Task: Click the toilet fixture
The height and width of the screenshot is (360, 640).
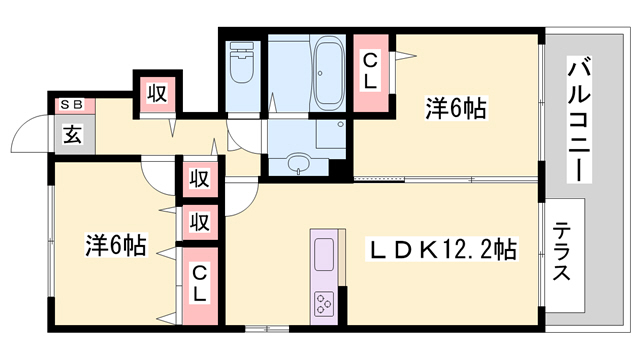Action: [242, 62]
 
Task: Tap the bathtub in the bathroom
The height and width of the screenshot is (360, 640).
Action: [328, 71]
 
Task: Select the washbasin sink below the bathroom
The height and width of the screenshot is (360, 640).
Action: [299, 163]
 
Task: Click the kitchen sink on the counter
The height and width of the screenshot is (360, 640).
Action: [324, 254]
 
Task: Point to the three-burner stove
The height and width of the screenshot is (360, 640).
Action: [324, 304]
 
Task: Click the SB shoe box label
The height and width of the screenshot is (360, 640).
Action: [72, 105]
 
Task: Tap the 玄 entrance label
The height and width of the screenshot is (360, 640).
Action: [72, 134]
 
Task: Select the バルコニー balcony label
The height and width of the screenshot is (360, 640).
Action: [579, 119]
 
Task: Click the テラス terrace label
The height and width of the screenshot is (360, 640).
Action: [561, 251]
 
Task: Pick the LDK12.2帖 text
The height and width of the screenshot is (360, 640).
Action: [442, 250]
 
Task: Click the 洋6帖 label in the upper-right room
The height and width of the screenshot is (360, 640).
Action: [456, 108]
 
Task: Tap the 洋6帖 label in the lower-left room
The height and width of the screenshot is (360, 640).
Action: [116, 244]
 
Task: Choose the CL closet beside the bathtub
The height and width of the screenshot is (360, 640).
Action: [370, 72]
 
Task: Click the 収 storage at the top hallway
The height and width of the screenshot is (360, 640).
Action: [158, 94]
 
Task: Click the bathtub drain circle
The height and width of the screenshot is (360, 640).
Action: [320, 73]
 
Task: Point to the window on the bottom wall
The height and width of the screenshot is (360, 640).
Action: [267, 328]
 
